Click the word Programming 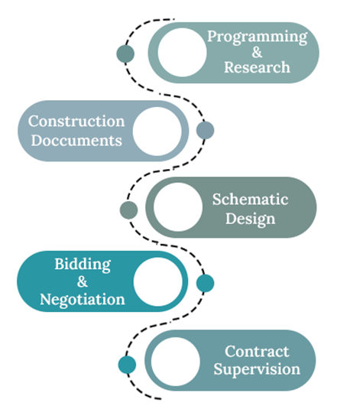click(x=257, y=37)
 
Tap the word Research click(x=257, y=67)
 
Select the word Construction click(x=76, y=122)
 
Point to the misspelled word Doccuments click(x=76, y=141)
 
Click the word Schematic click(x=250, y=199)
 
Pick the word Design click(x=250, y=219)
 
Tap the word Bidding click(x=83, y=265)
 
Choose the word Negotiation click(x=83, y=300)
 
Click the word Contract click(x=257, y=352)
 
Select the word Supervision click(x=257, y=369)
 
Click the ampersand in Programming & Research click(x=257, y=52)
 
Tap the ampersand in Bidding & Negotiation click(x=83, y=281)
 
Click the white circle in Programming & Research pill click(x=182, y=53)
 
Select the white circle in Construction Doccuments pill click(x=157, y=131)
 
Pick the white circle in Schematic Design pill click(x=178, y=207)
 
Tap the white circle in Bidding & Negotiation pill click(x=158, y=281)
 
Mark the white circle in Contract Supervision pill click(x=175, y=362)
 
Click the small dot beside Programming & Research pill click(x=125, y=54)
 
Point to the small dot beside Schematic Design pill click(x=129, y=210)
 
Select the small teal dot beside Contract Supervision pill click(x=127, y=365)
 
